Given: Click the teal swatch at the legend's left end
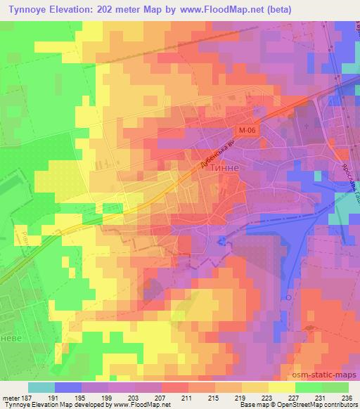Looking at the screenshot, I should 41,387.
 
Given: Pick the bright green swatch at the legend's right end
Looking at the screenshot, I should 335,387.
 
